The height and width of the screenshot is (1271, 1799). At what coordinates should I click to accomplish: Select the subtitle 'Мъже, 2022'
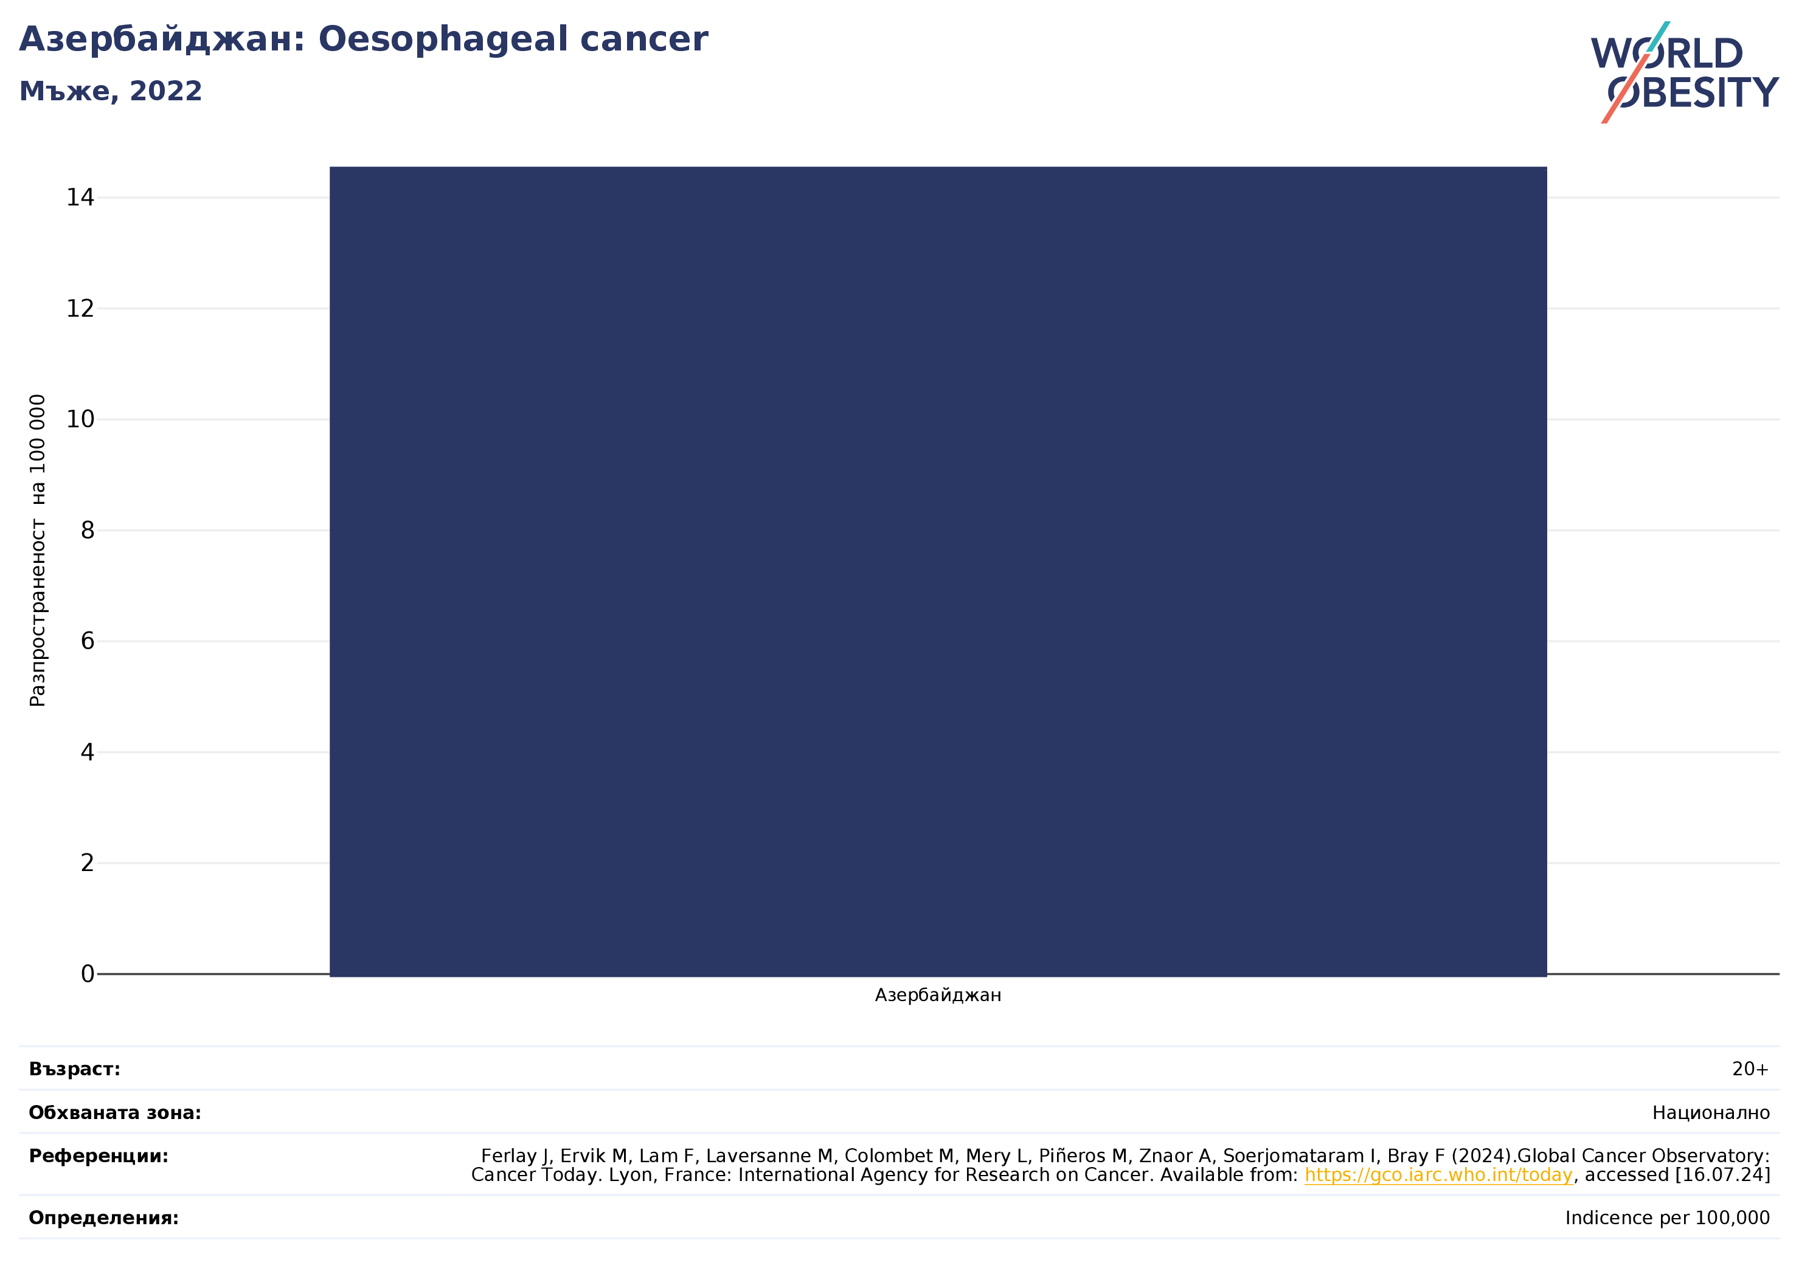(111, 92)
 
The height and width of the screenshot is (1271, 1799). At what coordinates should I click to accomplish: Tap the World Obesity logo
(1685, 72)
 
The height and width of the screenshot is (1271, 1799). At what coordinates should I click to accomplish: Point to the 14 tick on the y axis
(80, 198)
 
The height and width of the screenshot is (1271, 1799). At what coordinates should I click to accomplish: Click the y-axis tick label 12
(80, 309)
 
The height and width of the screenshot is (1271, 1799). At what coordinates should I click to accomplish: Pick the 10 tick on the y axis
(80, 420)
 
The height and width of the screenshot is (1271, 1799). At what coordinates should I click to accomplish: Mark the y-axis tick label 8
(87, 531)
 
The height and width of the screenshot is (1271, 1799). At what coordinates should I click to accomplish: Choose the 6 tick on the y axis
(87, 641)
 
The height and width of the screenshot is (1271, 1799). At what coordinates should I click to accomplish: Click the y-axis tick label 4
(87, 753)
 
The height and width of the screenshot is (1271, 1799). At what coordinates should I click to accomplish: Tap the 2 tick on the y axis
(87, 863)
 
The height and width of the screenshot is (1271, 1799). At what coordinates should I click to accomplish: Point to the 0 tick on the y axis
(87, 974)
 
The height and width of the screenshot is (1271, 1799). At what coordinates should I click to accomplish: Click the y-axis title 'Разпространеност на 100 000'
(38, 551)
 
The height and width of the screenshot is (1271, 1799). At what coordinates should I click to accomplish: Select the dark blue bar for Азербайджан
(938, 571)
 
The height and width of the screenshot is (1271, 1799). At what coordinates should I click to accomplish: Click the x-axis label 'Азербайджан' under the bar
(938, 995)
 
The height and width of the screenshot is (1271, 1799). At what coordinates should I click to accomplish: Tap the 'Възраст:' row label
(74, 1070)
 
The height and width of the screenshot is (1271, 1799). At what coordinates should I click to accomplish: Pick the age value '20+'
(1750, 1070)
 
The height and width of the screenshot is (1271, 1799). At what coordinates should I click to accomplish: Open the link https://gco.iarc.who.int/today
(1438, 1176)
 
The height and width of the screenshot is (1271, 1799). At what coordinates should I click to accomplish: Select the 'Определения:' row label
(103, 1219)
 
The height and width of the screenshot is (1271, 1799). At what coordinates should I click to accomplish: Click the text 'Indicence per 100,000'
(1668, 1219)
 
